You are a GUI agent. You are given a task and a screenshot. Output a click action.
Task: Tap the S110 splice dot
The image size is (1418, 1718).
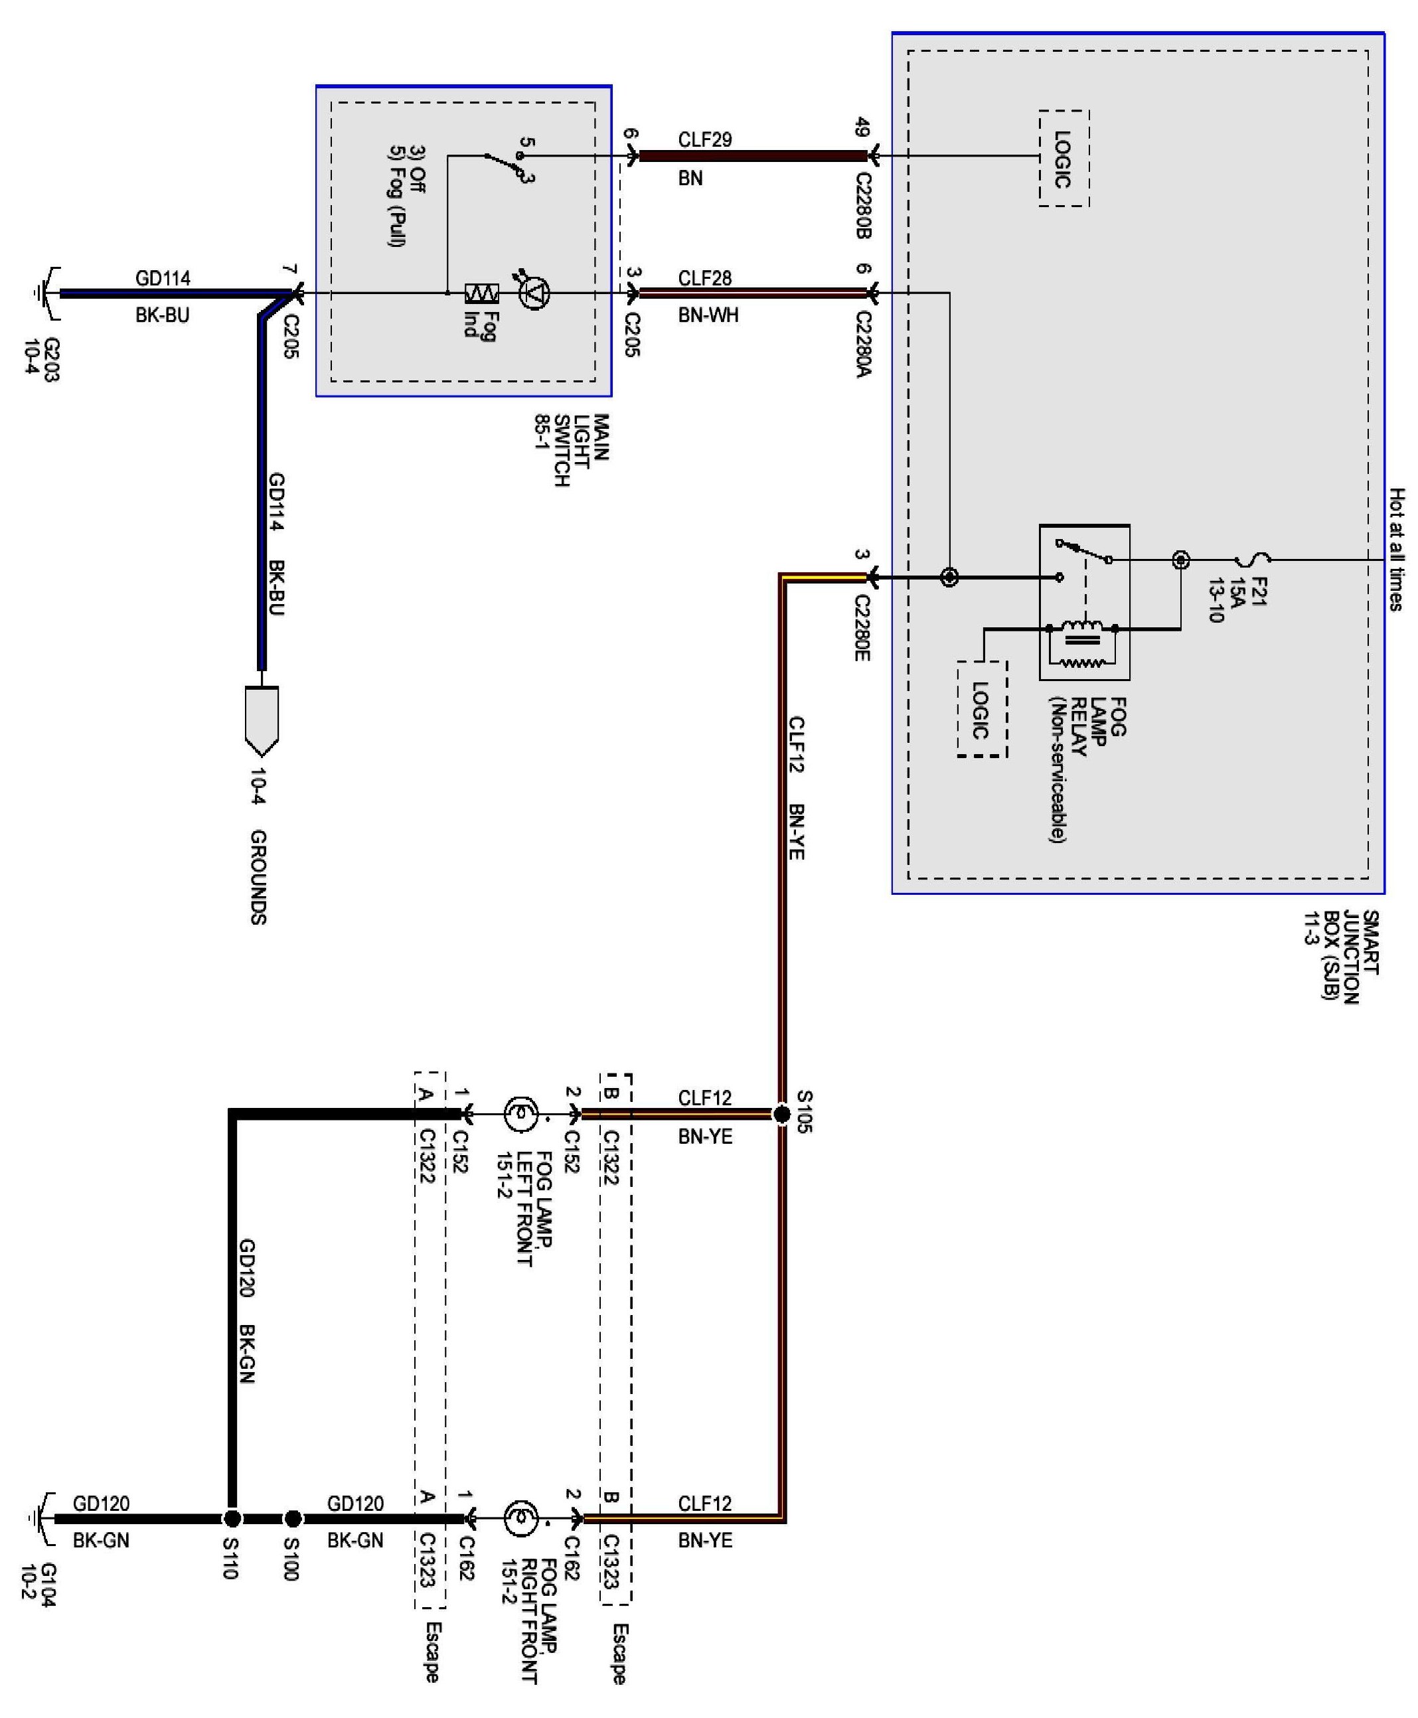pyautogui.click(x=232, y=1519)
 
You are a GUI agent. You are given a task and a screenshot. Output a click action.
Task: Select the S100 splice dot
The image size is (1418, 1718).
pyautogui.click(x=292, y=1519)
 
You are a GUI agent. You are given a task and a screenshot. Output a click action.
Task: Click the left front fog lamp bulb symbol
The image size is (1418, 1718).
pyautogui.click(x=520, y=1113)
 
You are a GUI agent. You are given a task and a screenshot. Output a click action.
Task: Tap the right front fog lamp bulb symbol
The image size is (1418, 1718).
pyautogui.click(x=520, y=1519)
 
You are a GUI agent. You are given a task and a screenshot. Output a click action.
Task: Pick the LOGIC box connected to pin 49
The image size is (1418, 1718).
pyautogui.click(x=1063, y=158)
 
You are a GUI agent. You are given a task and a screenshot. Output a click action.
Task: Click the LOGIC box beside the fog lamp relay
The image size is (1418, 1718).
pyautogui.click(x=981, y=709)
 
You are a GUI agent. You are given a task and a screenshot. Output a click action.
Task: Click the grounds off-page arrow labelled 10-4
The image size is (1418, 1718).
pyautogui.click(x=262, y=719)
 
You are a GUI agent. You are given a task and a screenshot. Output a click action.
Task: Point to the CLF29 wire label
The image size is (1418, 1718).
pyautogui.click(x=704, y=139)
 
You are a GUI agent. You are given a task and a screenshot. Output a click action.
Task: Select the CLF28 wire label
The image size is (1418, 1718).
pyautogui.click(x=704, y=279)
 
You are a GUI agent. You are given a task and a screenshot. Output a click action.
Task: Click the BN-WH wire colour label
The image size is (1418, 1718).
pyautogui.click(x=708, y=315)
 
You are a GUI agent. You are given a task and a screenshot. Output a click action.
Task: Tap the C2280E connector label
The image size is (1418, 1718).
pyautogui.click(x=862, y=628)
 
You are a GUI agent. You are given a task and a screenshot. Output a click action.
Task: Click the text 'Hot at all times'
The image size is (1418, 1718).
pyautogui.click(x=1397, y=549)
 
